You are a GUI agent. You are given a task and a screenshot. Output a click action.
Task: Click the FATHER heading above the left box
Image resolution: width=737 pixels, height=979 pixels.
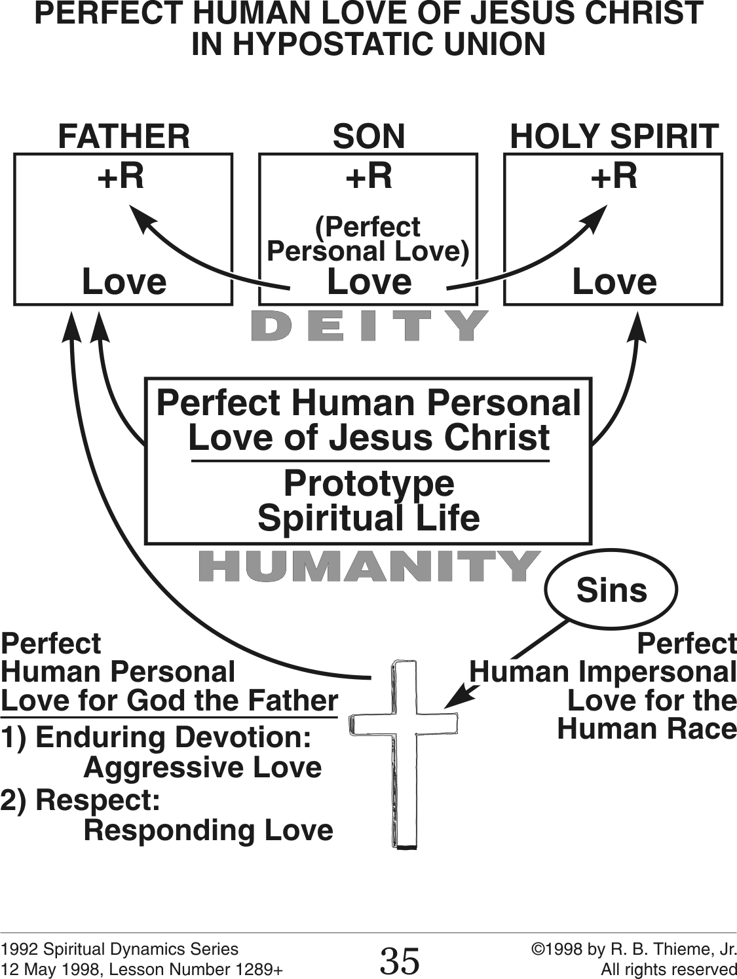click(x=124, y=137)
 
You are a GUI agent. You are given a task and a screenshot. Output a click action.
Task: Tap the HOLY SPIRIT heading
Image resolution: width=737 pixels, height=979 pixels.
click(x=614, y=137)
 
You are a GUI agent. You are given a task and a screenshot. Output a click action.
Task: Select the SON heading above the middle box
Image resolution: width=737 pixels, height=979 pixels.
click(x=369, y=137)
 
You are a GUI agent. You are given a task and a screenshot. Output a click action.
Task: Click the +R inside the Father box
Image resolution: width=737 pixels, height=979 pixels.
click(x=121, y=176)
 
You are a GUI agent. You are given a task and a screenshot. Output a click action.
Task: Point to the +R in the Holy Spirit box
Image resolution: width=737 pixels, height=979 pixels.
click(x=614, y=176)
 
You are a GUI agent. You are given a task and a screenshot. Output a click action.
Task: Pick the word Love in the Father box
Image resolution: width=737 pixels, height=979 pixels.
click(x=124, y=282)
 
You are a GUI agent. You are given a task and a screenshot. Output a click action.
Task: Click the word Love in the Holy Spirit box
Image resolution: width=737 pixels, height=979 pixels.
click(x=614, y=282)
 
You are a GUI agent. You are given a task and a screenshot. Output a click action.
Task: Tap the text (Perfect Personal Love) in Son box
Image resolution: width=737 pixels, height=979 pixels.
click(x=368, y=239)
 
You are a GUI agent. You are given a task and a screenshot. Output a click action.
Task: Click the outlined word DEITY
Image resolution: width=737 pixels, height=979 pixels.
click(x=369, y=325)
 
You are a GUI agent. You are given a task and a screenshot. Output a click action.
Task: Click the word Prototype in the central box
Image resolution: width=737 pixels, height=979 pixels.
click(x=369, y=484)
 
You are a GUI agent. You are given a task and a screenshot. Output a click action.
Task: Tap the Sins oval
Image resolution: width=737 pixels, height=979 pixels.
click(x=611, y=590)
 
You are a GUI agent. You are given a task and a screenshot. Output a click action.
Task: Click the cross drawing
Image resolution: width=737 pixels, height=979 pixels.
click(x=405, y=753)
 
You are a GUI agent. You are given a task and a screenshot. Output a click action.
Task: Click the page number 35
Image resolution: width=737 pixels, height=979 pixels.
click(x=400, y=961)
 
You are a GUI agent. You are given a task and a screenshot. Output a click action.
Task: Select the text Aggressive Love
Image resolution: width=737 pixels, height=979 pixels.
click(x=202, y=767)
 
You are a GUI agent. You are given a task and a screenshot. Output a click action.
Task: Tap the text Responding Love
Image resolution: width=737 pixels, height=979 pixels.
click(x=208, y=830)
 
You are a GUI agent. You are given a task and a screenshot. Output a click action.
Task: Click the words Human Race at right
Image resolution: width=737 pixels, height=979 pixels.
click(x=647, y=729)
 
